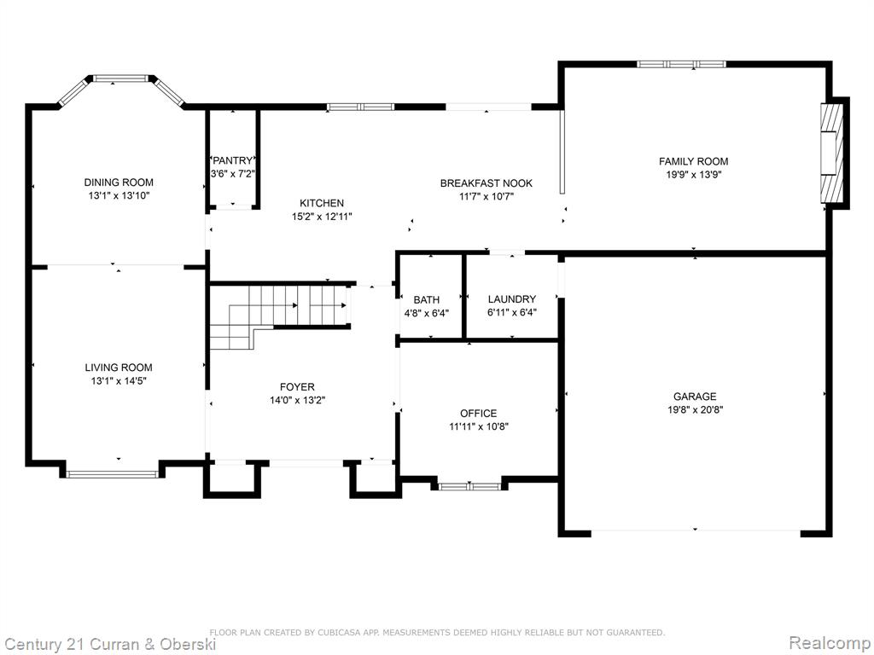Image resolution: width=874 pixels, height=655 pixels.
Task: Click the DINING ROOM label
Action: point(119,183)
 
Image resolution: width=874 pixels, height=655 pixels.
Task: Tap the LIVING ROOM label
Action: point(119,368)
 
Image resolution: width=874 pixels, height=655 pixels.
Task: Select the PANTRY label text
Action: point(232,161)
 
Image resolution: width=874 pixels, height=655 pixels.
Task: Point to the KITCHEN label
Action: point(322,203)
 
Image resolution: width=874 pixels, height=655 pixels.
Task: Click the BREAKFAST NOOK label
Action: point(486,183)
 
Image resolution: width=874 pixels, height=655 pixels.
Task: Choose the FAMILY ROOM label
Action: point(693,161)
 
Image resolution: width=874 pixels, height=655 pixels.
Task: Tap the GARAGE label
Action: point(695,397)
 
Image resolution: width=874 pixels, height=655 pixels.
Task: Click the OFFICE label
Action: point(478,414)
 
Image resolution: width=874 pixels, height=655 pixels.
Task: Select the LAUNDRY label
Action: point(512,299)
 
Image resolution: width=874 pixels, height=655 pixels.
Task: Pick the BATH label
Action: point(427,300)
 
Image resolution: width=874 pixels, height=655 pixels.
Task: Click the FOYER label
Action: point(297,386)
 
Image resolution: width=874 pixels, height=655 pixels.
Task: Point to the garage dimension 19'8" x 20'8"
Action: point(695,410)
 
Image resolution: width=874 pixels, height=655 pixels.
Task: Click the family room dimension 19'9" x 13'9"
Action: point(693,174)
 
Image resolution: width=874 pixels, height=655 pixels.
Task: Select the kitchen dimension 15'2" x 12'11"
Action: point(322,217)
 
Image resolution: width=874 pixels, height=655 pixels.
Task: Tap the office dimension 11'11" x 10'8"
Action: point(478,426)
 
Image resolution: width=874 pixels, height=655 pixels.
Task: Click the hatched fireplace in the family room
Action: point(828,154)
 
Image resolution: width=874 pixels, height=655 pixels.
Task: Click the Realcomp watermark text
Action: point(830,642)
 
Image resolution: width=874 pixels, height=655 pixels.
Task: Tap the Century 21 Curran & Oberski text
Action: point(110,645)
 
